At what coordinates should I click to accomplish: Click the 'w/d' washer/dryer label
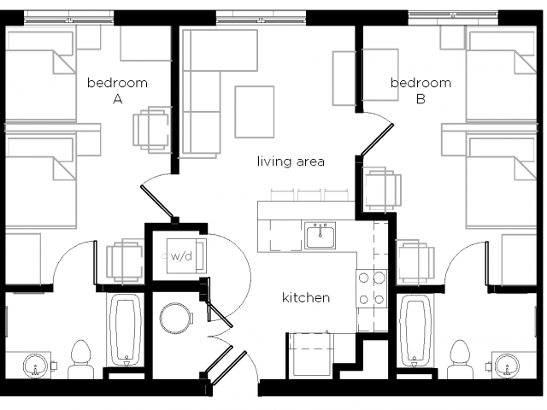pos(181,256)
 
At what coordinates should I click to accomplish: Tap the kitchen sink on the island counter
pos(321,236)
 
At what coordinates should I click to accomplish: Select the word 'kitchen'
pos(306,298)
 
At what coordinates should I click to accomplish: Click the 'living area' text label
pos(291,161)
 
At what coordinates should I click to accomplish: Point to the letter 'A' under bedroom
pos(118,99)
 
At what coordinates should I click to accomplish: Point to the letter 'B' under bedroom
pos(421,99)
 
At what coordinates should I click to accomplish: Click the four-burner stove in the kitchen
pos(372,289)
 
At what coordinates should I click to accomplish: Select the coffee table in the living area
pos(255,112)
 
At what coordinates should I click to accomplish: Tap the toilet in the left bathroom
pos(80,359)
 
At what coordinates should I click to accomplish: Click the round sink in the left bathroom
pos(35,366)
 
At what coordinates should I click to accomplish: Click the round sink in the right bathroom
pos(507,366)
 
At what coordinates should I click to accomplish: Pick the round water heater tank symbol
pos(176,318)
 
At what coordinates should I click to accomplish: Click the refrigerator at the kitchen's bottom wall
pos(309,354)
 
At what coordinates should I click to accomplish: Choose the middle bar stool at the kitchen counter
pos(310,196)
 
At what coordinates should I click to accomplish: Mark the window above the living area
pos(261,17)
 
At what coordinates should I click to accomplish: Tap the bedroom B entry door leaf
pos(377,139)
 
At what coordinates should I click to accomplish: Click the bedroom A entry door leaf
pos(156,202)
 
